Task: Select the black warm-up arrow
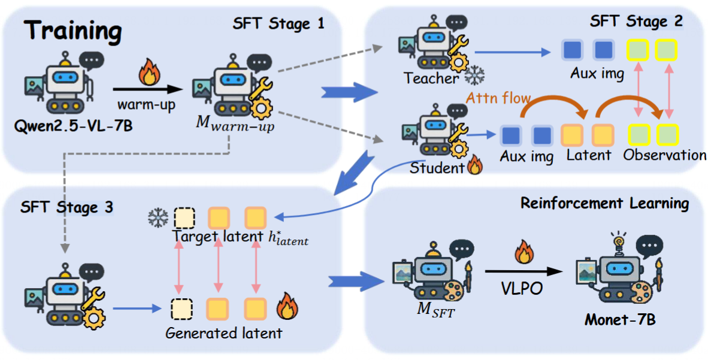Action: tap(147, 89)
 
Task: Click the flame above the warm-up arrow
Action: tap(147, 74)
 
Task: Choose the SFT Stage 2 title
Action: tap(636, 22)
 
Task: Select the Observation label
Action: tap(664, 155)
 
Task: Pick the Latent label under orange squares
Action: tap(588, 155)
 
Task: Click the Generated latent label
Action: tap(224, 332)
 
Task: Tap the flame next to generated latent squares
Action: tap(286, 308)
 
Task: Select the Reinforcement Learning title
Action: tap(604, 203)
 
